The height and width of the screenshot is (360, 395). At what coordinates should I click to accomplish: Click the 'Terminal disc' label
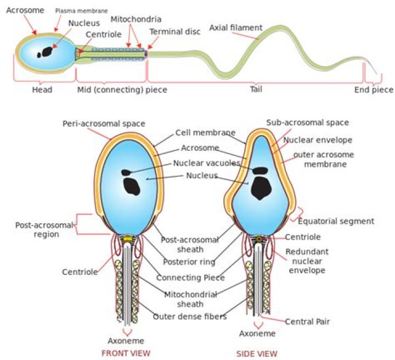tap(175, 31)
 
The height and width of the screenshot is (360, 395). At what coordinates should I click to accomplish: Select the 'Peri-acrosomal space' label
tap(104, 123)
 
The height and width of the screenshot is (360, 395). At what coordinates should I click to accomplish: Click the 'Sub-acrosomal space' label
tap(307, 122)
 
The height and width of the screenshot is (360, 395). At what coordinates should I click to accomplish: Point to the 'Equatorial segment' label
tap(335, 221)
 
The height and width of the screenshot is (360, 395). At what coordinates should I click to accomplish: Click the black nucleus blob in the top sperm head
tap(44, 53)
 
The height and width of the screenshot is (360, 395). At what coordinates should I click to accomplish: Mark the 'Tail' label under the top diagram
tap(256, 89)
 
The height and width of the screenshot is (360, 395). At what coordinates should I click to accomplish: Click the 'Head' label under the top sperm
tap(42, 89)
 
